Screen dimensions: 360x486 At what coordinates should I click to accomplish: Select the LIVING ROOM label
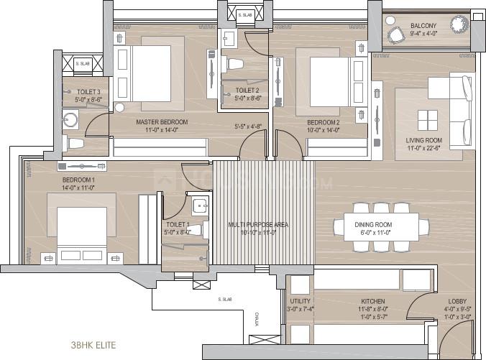click(423, 141)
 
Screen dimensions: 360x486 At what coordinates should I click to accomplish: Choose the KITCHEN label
click(373, 301)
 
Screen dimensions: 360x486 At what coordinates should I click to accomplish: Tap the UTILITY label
click(300, 301)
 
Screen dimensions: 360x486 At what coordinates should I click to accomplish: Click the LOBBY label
click(458, 301)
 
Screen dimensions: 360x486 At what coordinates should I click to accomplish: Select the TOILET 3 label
click(91, 92)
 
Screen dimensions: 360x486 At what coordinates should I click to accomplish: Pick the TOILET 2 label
click(242, 91)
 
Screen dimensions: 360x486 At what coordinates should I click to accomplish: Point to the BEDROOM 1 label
click(78, 179)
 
